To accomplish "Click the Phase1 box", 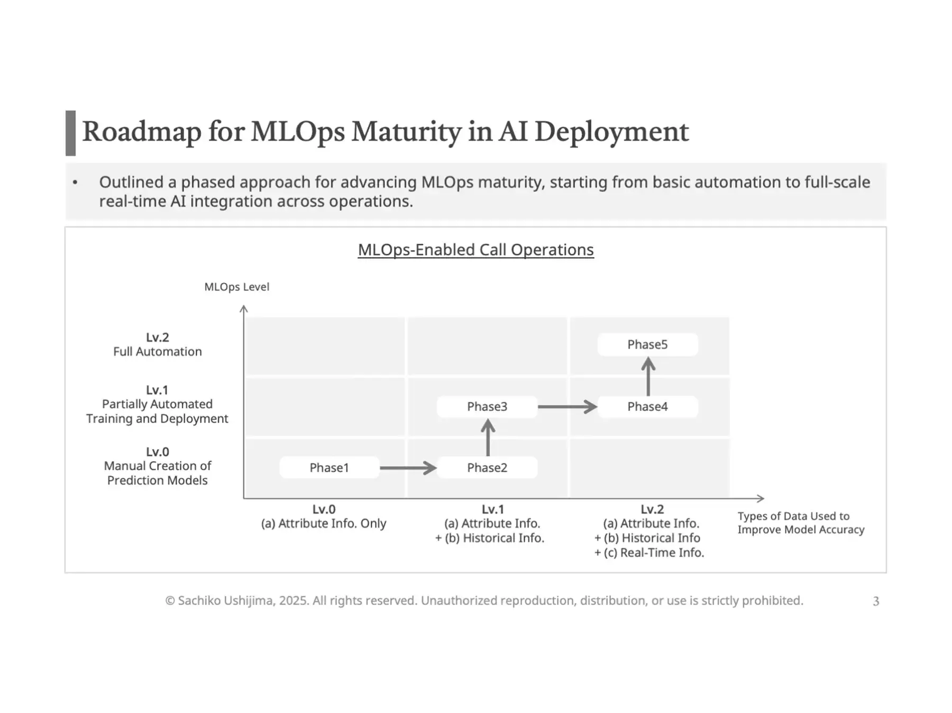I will pos(329,468).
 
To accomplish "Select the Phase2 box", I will pos(487,468).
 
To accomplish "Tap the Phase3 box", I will pos(487,407).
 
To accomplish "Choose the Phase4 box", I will pos(647,407).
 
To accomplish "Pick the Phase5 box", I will pos(647,344).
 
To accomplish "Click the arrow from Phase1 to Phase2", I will pos(408,468).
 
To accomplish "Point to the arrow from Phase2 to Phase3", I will pos(488,437).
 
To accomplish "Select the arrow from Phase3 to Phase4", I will pos(567,407).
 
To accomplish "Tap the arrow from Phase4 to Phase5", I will pos(648,376).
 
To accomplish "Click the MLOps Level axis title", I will pos(236,287).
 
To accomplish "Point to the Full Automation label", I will pos(157,352).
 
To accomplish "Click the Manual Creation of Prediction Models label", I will pos(157,473).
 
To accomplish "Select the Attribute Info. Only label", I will pos(323,524).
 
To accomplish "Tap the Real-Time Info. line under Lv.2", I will pos(649,553).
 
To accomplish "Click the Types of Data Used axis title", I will pos(800,523).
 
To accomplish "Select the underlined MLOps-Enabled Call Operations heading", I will pos(475,250).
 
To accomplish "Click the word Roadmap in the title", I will pos(141,131).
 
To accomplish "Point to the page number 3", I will pos(876,601).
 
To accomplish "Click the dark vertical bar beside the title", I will pos(70,133).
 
